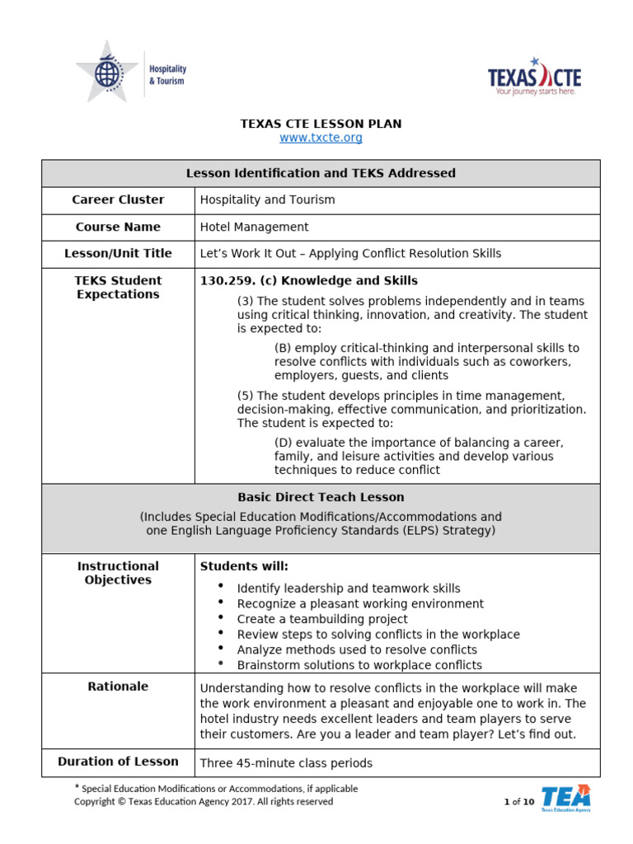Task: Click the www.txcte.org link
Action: pos(321,138)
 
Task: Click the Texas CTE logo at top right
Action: pos(535,77)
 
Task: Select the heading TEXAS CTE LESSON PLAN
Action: pos(321,124)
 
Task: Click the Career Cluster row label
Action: pos(118,199)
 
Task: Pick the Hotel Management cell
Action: pos(255,227)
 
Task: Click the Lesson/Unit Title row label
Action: pos(118,254)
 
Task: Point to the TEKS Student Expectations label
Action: pos(118,288)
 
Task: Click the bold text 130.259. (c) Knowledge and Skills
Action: pos(309,281)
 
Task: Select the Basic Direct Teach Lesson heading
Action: pos(321,497)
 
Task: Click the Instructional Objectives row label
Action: pos(118,573)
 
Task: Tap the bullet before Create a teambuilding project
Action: pos(220,617)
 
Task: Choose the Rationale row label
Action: pos(118,687)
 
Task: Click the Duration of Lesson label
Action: pos(118,762)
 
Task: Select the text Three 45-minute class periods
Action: pos(286,763)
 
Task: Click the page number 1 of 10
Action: pos(519,802)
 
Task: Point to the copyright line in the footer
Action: pos(204,801)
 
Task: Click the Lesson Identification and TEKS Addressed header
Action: pos(321,173)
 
